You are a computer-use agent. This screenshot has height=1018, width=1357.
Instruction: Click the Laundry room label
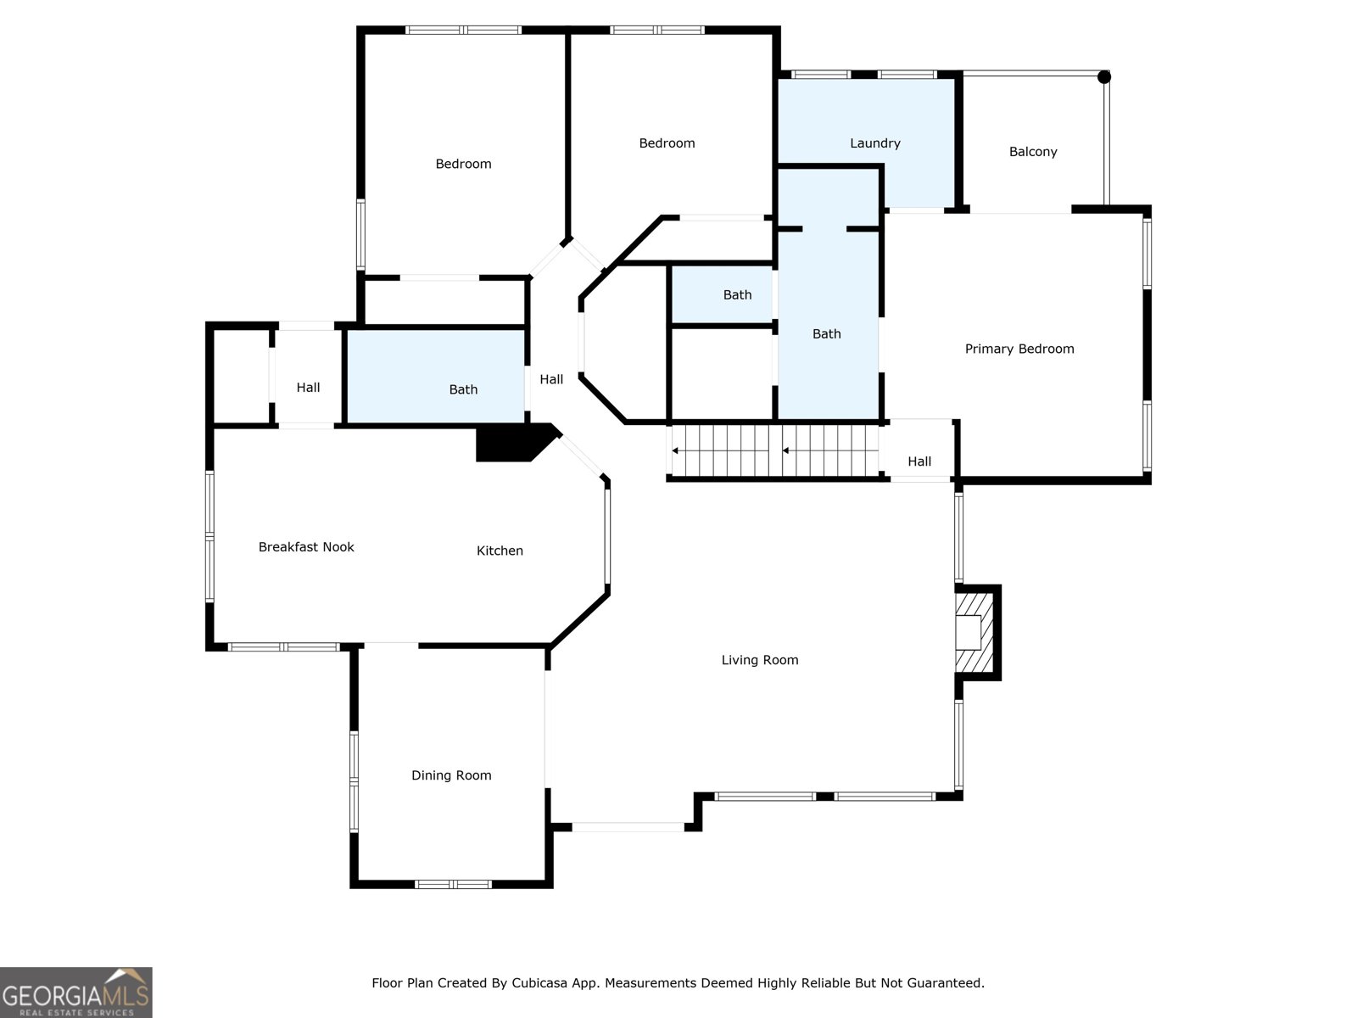[x=874, y=143]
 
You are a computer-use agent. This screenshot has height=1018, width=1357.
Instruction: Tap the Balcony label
[x=1032, y=152]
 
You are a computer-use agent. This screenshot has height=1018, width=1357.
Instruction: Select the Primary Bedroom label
[x=1019, y=349]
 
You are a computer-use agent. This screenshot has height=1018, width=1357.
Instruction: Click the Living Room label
[x=759, y=660]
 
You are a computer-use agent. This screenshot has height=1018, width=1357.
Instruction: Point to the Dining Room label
[x=450, y=775]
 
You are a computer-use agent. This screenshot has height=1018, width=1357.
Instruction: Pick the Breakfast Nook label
[x=306, y=547]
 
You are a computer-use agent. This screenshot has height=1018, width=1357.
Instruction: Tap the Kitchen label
[x=500, y=551]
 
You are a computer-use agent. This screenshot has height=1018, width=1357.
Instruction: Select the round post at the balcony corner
[x=1103, y=77]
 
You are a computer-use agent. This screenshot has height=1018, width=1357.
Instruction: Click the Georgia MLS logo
[x=75, y=992]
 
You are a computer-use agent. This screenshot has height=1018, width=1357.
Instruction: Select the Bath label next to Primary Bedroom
[x=826, y=334]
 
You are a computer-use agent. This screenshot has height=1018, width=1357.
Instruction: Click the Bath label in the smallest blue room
[x=737, y=295]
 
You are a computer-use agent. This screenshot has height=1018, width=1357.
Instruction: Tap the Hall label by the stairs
[x=919, y=461]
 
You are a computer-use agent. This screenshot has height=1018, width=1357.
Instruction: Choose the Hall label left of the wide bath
[x=308, y=388]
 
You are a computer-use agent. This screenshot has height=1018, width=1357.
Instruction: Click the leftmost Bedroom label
[x=463, y=164]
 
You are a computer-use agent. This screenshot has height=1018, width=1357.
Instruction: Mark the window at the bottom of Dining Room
[x=453, y=884]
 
